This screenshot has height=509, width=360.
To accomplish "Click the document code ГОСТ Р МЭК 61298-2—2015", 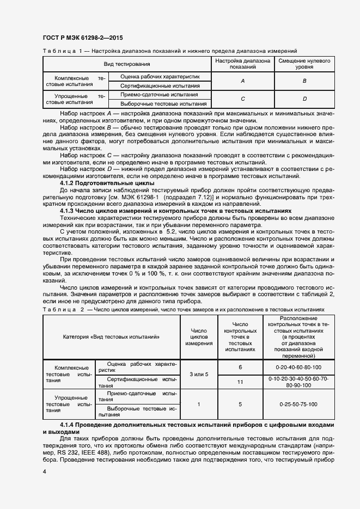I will click(82, 38).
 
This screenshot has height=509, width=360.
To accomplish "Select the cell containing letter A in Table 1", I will click(242, 81).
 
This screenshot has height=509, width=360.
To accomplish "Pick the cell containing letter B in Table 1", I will click(304, 81).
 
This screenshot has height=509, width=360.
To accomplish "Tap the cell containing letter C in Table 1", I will click(242, 99).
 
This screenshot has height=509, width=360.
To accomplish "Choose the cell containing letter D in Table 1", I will click(304, 99).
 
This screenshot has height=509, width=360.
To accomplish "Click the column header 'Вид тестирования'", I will click(127, 64).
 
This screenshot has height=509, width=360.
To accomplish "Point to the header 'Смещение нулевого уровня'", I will click(304, 64).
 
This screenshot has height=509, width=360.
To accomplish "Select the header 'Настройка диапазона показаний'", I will click(242, 64).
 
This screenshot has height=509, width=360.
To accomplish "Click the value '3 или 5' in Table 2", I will click(199, 375).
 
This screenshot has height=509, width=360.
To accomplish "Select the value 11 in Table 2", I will click(240, 382).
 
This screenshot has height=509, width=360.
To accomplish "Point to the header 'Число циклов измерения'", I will click(199, 337).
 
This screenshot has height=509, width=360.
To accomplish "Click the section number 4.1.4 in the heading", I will click(68, 424).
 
